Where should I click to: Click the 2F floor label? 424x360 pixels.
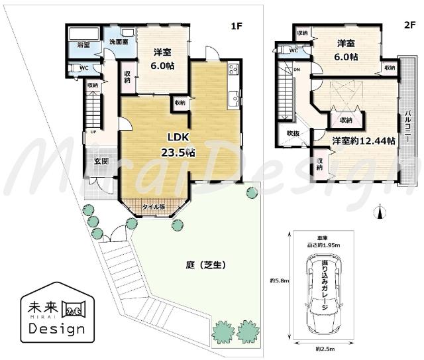[409, 27]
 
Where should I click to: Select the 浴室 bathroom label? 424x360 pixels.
[83, 46]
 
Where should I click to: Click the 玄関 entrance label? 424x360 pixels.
[101, 161]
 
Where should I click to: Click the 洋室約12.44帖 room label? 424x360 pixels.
[364, 141]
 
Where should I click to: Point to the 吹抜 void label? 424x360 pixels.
[293, 133]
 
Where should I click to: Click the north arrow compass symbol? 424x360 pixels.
[379, 212]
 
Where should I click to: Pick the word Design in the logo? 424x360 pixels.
[56, 329]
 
